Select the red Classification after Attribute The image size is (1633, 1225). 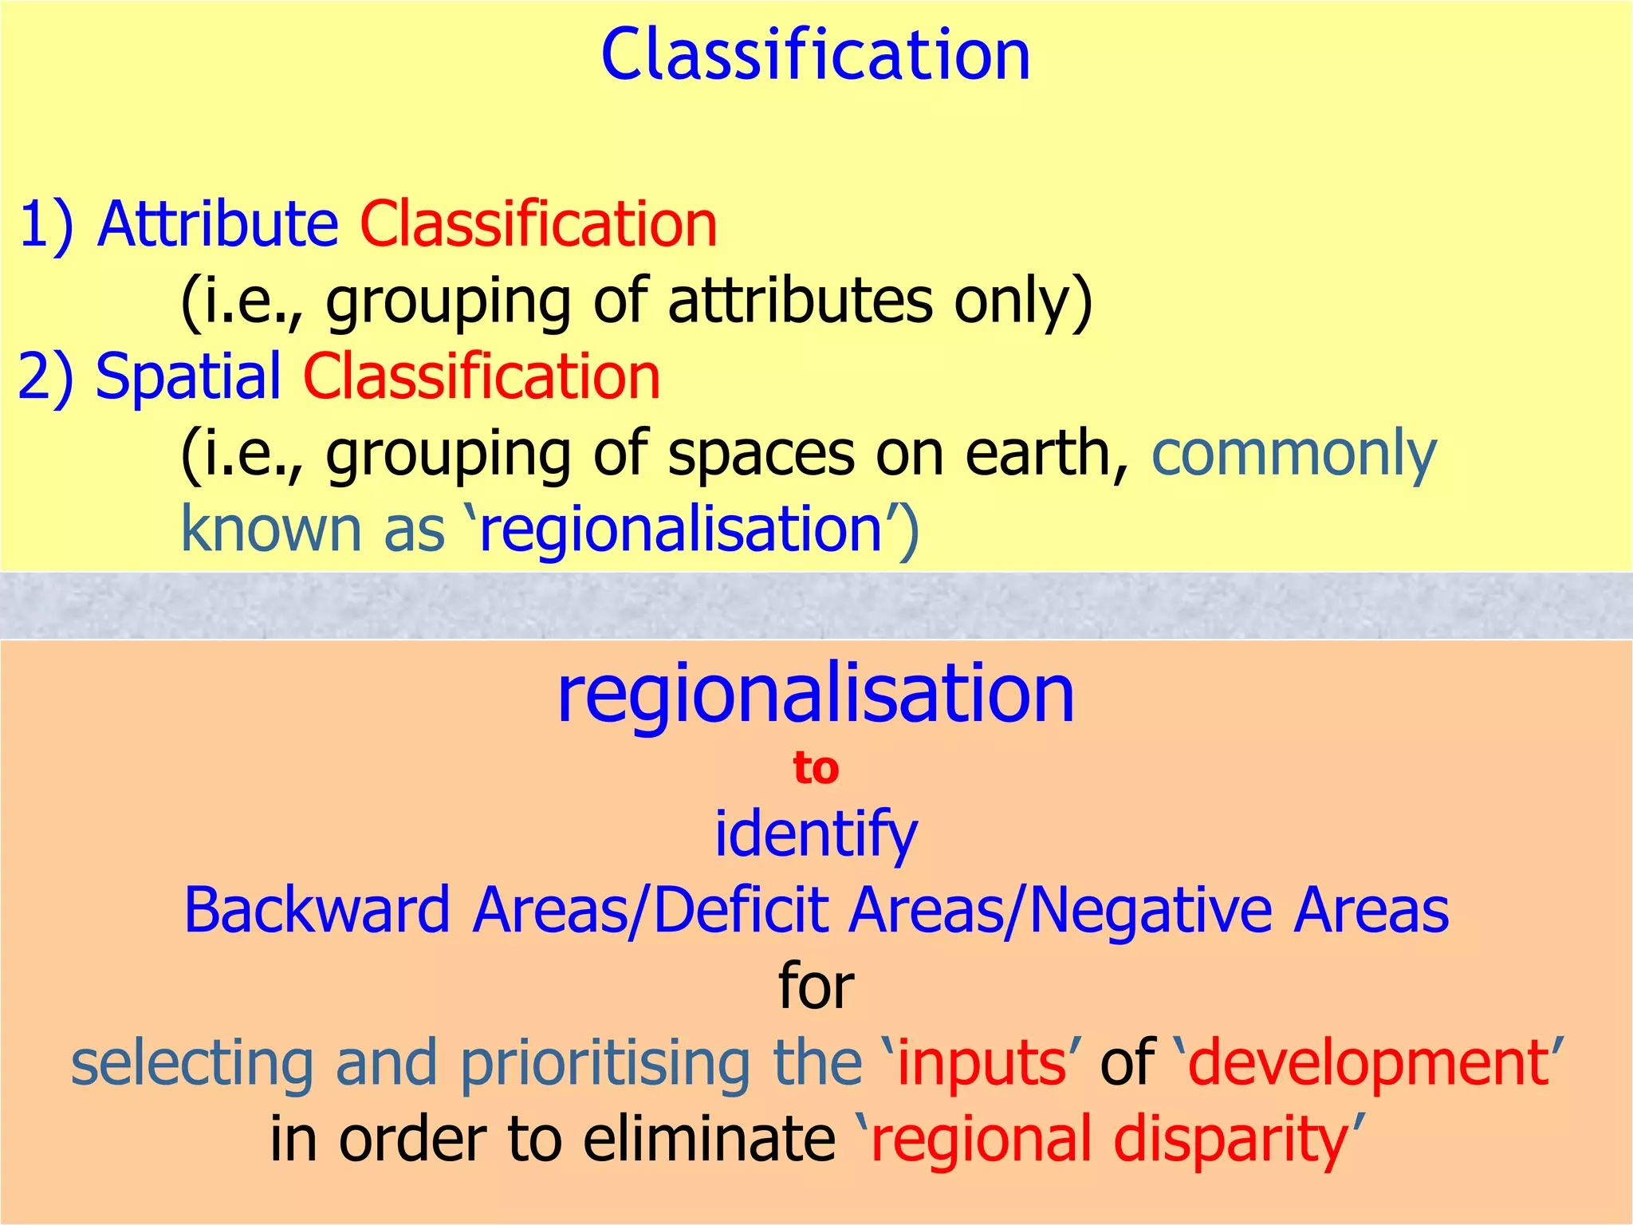pyautogui.click(x=538, y=225)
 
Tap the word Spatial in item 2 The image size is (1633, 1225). pyautogui.click(x=188, y=376)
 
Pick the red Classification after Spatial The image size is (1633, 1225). pyautogui.click(x=482, y=376)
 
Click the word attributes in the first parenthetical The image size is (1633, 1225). pyautogui.click(x=800, y=301)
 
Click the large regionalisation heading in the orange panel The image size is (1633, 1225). pyautogui.click(x=815, y=694)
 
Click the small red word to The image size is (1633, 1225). pyautogui.click(x=816, y=769)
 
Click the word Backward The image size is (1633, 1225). pyautogui.click(x=317, y=910)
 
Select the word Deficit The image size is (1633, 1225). pyautogui.click(x=742, y=910)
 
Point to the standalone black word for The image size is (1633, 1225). pyautogui.click(x=816, y=987)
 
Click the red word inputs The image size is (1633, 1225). pyautogui.click(x=982, y=1063)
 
